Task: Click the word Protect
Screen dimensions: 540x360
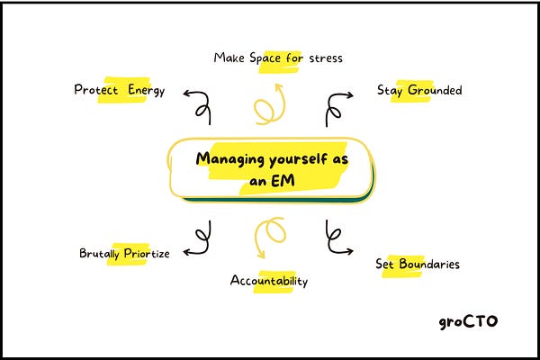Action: point(96,90)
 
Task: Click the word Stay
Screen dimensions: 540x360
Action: point(389,91)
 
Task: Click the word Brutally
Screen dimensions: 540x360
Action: point(103,254)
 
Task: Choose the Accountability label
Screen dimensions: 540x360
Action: point(269,281)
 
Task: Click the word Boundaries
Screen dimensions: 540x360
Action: point(427,265)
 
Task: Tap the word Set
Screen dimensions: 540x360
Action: point(385,265)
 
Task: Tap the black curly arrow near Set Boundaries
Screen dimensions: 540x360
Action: point(336,237)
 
